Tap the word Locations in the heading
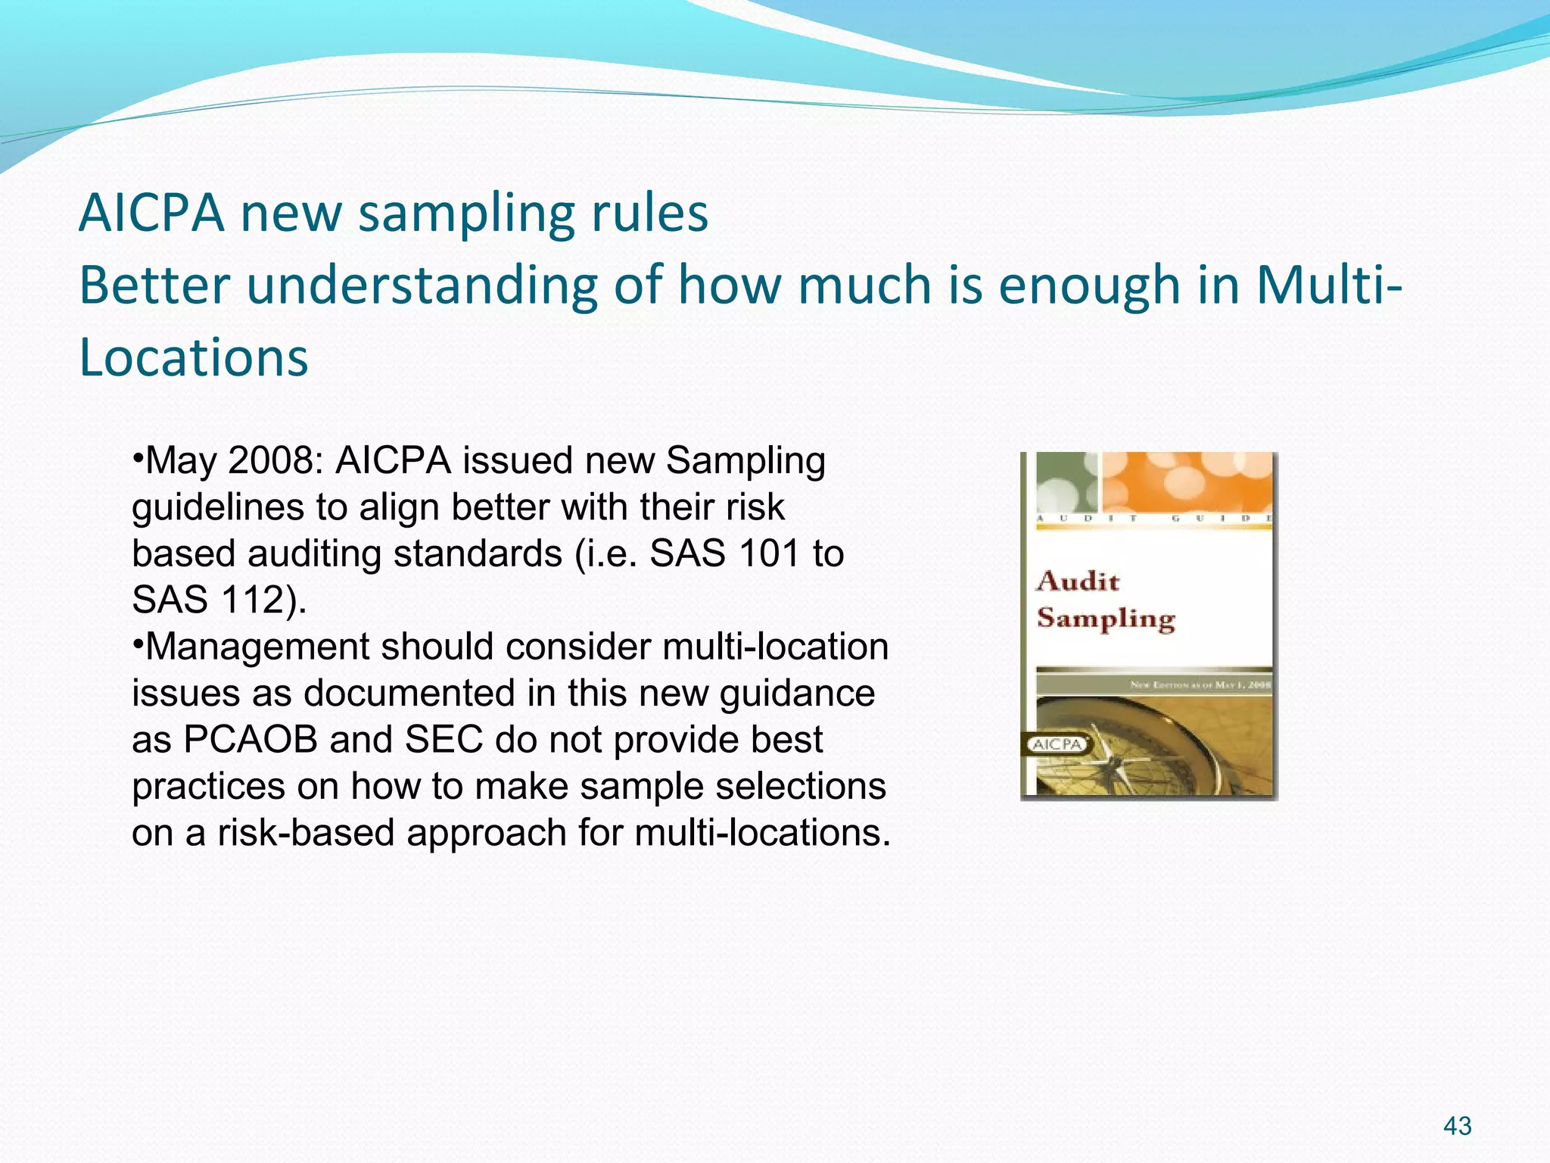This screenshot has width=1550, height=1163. click(x=194, y=357)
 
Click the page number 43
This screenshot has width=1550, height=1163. click(x=1457, y=1126)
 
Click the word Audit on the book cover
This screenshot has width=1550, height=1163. click(x=1078, y=581)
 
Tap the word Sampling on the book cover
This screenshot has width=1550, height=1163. click(x=1105, y=619)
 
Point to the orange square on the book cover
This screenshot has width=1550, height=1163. click(x=1187, y=482)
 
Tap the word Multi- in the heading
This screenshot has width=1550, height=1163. click(x=1329, y=286)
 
